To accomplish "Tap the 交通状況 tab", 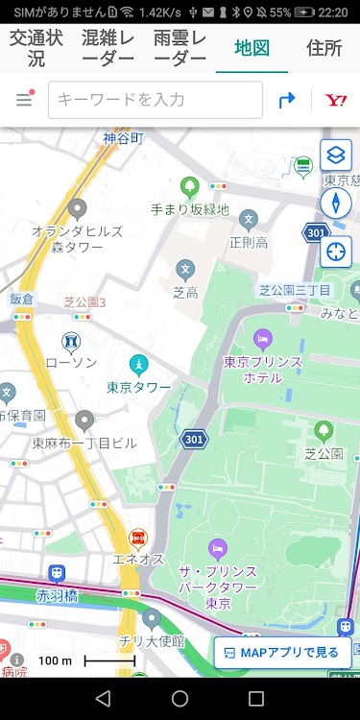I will click(36, 48).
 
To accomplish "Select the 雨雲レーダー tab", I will click(179, 48).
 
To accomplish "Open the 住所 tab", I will click(324, 48).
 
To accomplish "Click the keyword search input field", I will click(156, 100).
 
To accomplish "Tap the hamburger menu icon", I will click(24, 100).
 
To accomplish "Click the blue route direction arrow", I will click(286, 100).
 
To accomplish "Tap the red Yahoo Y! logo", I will click(335, 100).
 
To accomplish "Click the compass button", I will click(336, 203).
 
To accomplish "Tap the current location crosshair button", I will click(336, 252).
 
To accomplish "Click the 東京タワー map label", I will click(139, 387).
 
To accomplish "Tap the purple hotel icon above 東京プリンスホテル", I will click(262, 339).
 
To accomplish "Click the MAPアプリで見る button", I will click(282, 653).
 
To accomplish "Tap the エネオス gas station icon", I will click(138, 539).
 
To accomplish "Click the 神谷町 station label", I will click(124, 138).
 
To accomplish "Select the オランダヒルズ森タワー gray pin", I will click(78, 208).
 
